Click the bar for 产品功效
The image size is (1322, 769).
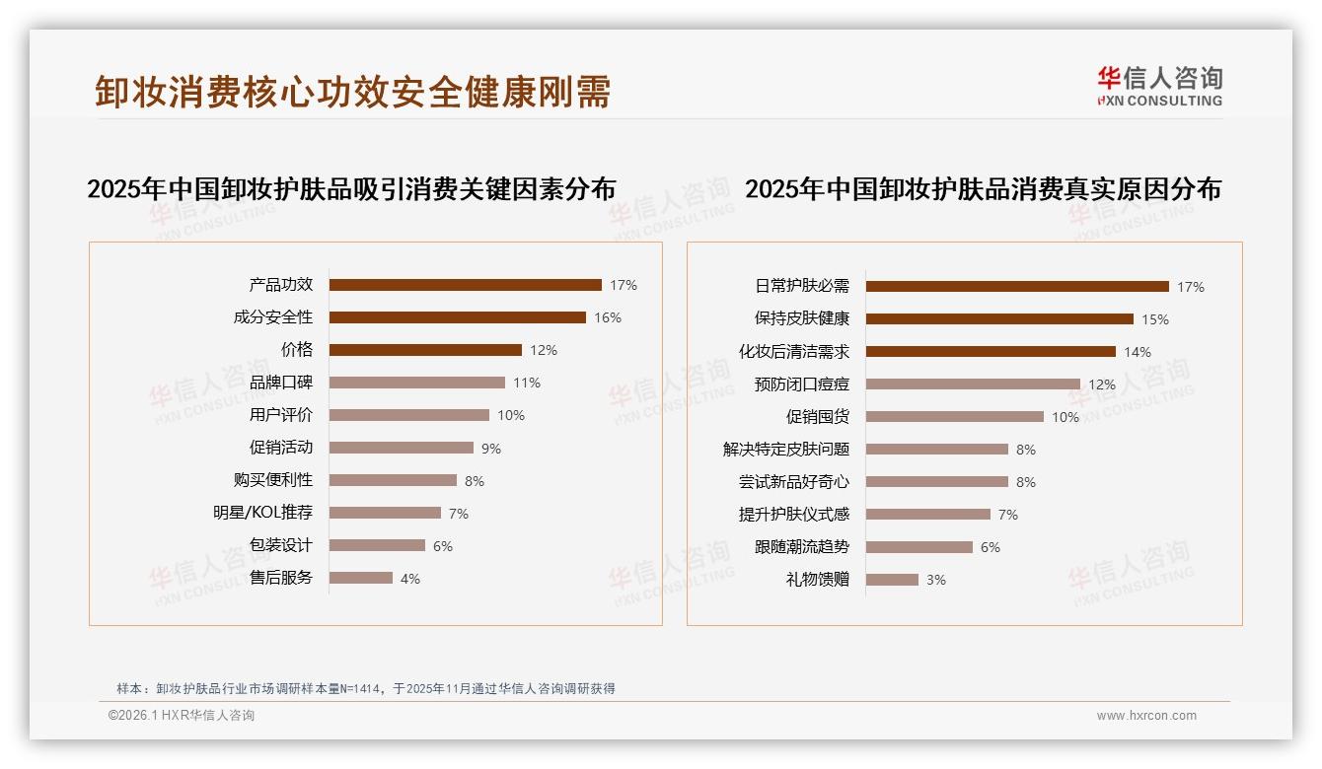tap(465, 285)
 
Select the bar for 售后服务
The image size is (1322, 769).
tap(360, 578)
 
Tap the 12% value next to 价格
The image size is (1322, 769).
tap(544, 350)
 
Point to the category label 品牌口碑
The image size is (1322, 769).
tap(281, 383)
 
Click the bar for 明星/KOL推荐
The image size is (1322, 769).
tap(385, 513)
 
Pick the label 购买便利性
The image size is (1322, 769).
tap(273, 480)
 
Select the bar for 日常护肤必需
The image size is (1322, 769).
tap(1017, 287)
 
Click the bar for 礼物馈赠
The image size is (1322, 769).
tap(892, 580)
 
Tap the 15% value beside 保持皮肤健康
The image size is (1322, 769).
tap(1155, 319)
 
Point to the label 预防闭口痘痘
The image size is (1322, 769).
tap(802, 384)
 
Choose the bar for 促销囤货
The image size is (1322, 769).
tap(954, 417)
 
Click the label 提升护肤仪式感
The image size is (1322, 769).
tap(794, 515)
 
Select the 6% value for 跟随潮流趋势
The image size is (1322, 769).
tap(991, 547)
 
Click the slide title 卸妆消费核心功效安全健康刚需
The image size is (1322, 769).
tap(353, 92)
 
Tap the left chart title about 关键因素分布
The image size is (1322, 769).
tap(351, 189)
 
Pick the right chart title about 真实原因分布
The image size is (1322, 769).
tap(983, 189)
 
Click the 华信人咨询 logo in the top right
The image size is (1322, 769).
tap(1159, 86)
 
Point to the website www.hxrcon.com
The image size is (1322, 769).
tap(1146, 716)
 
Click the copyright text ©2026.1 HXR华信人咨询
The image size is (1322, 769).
tap(182, 716)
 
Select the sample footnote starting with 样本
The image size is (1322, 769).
tap(366, 688)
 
